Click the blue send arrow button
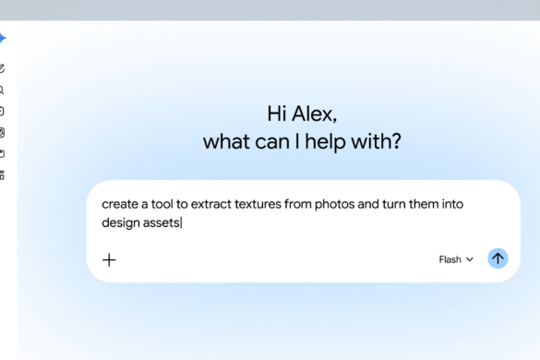click(x=498, y=258)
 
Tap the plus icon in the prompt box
click(x=109, y=259)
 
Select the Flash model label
click(x=450, y=259)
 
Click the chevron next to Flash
click(x=470, y=259)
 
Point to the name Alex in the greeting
click(x=314, y=114)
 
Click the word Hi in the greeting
click(x=277, y=114)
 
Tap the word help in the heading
click(x=325, y=142)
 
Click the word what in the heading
click(x=226, y=141)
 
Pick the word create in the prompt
click(x=120, y=204)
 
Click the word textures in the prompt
click(x=258, y=204)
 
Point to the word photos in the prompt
click(x=334, y=204)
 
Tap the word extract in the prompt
click(x=211, y=204)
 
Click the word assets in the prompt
click(x=162, y=222)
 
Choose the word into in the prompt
click(x=452, y=204)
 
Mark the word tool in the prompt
click(x=162, y=204)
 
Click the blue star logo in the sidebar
click(x=3, y=38)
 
